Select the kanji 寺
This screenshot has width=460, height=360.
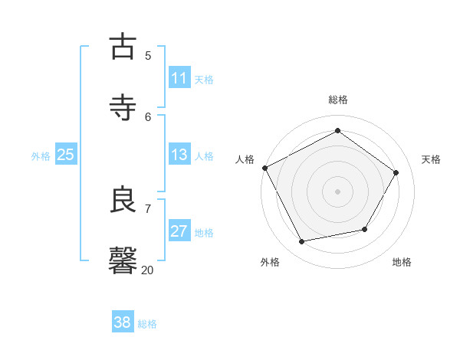pos(123,108)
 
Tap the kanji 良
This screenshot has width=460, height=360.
pos(123,200)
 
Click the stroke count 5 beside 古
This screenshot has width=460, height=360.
pos(148,55)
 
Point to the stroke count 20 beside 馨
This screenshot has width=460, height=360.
pos(148,270)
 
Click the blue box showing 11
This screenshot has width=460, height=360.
pos(179,78)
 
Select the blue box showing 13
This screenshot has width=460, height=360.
pos(179,155)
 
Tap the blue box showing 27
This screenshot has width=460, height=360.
pos(179,231)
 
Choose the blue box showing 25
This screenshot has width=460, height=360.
pos(65,155)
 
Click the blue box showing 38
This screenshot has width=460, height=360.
pos(123,322)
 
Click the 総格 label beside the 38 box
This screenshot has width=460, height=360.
pos(147,324)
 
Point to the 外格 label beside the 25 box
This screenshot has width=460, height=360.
pos(41,156)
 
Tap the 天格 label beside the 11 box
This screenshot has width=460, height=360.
pos(204,80)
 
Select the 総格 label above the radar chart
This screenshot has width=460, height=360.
pos(338,100)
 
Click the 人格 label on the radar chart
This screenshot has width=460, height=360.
pos(245,159)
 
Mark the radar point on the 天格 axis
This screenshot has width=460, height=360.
pos(396,172)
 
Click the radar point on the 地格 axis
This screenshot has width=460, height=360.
pos(365,229)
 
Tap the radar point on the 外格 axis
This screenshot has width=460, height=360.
pos(302,241)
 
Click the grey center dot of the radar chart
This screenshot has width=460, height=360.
pos(338,191)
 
